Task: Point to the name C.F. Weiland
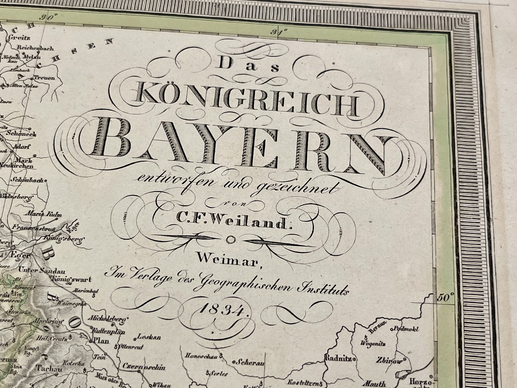click(x=233, y=223)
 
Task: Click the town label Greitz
click(x=21, y=37)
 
